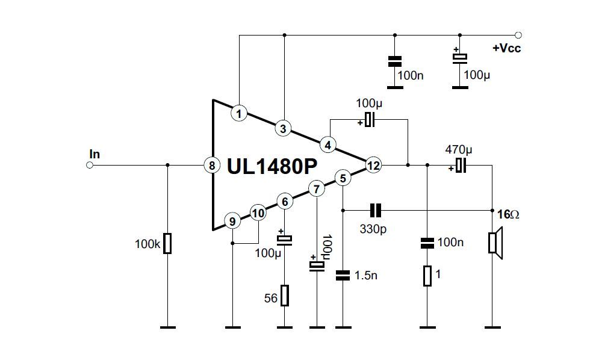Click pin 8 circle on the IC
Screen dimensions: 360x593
[x=212, y=165]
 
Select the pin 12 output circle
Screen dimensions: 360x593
[x=373, y=165]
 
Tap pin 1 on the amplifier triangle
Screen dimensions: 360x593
[x=239, y=113]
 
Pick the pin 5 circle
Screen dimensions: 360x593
[x=343, y=178]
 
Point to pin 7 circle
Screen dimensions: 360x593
[x=316, y=189]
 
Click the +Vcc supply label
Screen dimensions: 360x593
[x=506, y=48]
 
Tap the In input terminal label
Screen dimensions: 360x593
[x=95, y=154]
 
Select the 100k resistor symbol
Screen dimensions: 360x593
[x=167, y=244]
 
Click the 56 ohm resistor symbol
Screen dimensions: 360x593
[x=285, y=296]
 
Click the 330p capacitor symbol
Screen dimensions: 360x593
[x=375, y=210]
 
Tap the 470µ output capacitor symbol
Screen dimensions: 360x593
[x=461, y=165]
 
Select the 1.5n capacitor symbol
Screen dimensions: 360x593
[x=343, y=275]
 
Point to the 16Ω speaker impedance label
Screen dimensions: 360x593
[x=508, y=214]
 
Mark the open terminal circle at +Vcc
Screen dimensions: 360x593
[x=518, y=35]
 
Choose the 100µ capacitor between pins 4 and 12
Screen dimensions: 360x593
[x=369, y=120]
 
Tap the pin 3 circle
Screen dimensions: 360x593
[x=283, y=128]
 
